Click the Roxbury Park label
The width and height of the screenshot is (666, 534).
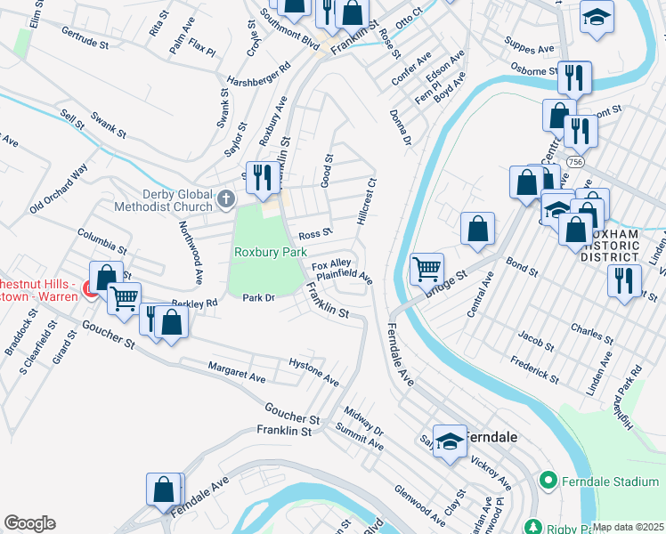(270, 252)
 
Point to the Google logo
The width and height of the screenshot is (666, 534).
(29, 522)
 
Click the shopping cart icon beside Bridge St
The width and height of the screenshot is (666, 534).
(427, 268)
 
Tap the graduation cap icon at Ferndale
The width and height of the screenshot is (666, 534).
(451, 441)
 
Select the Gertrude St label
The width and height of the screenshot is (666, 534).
(85, 36)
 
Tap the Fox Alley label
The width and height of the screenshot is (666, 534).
(330, 265)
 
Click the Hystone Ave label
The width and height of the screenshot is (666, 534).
(313, 372)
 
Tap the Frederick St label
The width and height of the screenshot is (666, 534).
(534, 369)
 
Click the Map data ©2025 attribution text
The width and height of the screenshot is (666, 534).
(628, 527)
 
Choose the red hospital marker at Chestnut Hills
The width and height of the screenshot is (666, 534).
(88, 288)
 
